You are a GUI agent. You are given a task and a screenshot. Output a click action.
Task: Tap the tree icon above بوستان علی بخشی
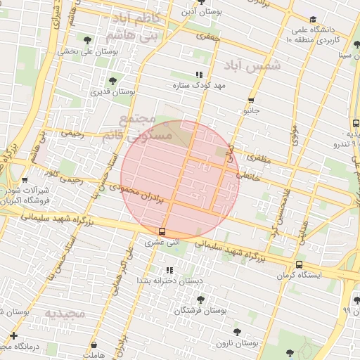pyautogui.click(x=86, y=40)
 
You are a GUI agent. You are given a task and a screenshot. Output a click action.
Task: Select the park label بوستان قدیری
pyautogui.click(x=113, y=91)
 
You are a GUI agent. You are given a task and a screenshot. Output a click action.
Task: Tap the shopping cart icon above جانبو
pyautogui.click(x=251, y=101)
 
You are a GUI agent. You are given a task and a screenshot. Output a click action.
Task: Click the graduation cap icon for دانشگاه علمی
pyautogui.click(x=313, y=19)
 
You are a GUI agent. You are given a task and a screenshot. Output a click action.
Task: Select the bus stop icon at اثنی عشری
pyautogui.click(x=162, y=231)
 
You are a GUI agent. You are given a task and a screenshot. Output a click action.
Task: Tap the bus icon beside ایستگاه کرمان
pyautogui.click(x=300, y=265)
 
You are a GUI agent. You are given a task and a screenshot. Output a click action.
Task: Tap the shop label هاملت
pyautogui.click(x=92, y=356)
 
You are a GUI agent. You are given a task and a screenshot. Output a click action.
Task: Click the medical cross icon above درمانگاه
pyautogui.click(x=14, y=336)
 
